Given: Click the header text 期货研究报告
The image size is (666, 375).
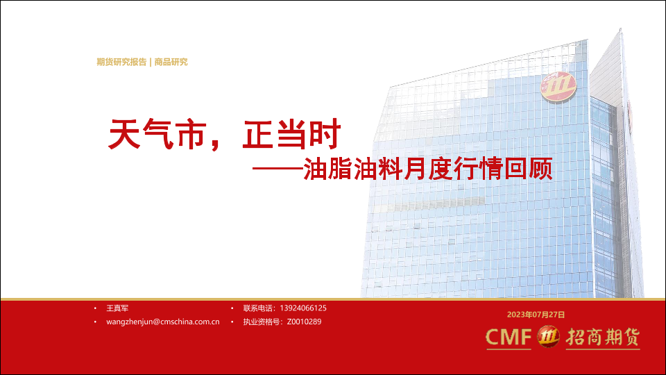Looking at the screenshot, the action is click(x=121, y=62).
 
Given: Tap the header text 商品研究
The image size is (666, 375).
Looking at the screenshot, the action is click(x=171, y=62).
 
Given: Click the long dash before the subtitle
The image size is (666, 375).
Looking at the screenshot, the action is click(x=277, y=169).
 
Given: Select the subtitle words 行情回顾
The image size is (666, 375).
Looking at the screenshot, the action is click(x=503, y=169).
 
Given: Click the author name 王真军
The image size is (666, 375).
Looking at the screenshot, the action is click(x=117, y=308).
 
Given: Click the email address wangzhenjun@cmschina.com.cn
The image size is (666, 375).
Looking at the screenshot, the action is click(x=162, y=322).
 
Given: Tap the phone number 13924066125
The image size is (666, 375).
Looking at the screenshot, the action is click(x=303, y=308).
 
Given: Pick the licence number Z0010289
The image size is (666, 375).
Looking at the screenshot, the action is click(x=304, y=322).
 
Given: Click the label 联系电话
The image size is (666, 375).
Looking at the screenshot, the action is click(x=257, y=308).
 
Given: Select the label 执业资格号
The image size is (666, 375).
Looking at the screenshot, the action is click(x=262, y=322).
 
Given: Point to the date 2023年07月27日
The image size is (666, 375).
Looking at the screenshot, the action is click(x=536, y=315).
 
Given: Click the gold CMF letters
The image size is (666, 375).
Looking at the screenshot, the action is click(x=509, y=337).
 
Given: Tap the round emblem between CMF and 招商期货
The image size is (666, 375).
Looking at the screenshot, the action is click(x=548, y=337).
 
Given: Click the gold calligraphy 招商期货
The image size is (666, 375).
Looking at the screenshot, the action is click(x=603, y=337).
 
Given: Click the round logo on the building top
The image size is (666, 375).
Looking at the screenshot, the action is click(x=558, y=87).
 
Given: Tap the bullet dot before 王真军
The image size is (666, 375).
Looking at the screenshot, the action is click(x=95, y=308).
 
